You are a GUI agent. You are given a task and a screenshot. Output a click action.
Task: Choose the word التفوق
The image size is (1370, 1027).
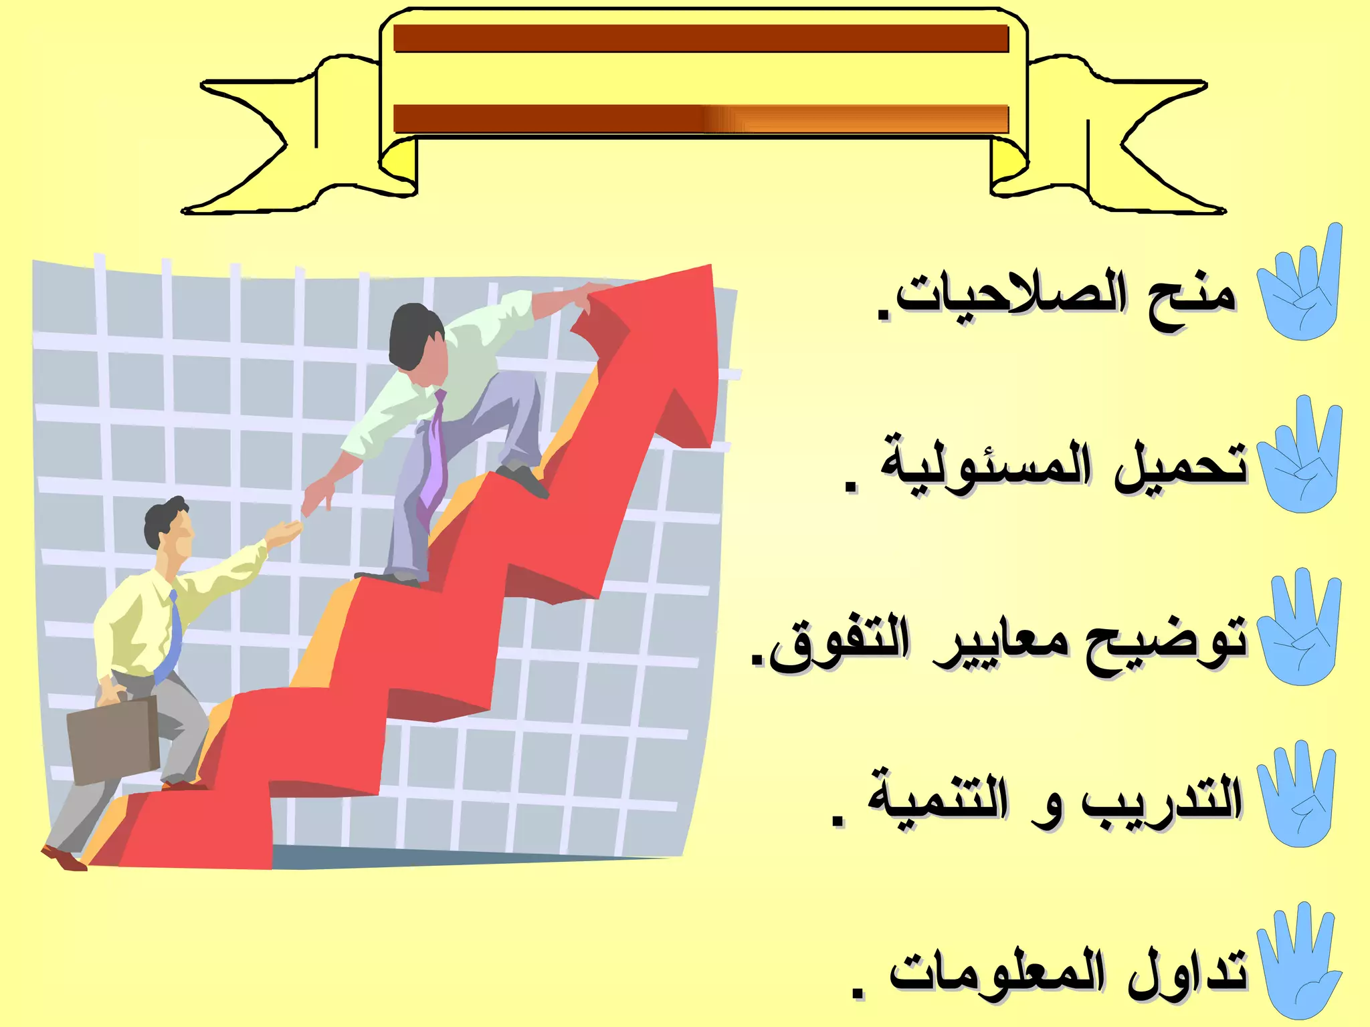click(x=840, y=642)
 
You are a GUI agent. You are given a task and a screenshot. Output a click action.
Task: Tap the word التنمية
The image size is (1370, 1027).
click(x=937, y=799)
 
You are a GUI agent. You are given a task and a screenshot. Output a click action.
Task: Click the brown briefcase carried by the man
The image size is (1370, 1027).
click(x=112, y=739)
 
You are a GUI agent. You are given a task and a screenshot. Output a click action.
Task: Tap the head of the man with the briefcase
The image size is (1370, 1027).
click(x=167, y=528)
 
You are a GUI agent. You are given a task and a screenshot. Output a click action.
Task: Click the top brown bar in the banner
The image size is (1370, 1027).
click(x=700, y=39)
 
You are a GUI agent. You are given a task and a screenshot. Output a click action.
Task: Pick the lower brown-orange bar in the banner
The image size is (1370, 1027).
click(x=700, y=119)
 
